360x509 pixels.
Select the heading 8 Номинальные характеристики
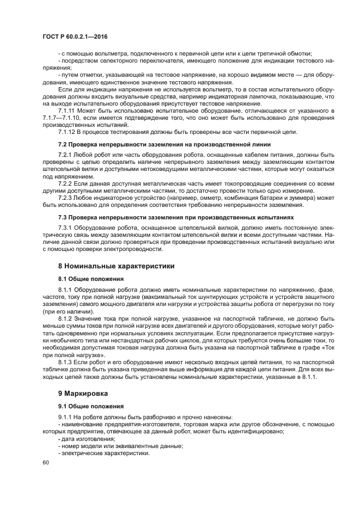[116, 266]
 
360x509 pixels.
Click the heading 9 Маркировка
[85, 393]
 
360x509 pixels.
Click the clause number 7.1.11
[67, 111]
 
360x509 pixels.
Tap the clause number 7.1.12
[67, 132]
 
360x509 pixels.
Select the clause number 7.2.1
[65, 155]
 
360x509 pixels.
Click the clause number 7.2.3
[65, 198]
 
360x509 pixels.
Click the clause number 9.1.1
[65, 417]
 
